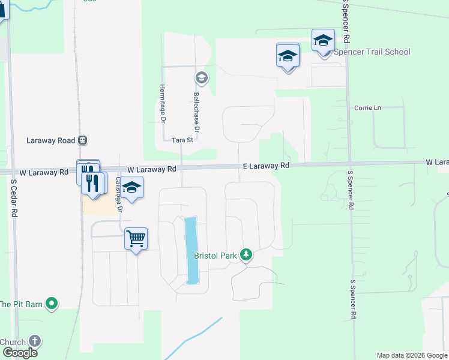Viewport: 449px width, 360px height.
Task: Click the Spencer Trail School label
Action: [x=372, y=52]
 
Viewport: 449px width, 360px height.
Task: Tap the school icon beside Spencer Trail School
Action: [x=324, y=41]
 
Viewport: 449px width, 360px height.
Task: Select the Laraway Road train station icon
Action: [x=83, y=140]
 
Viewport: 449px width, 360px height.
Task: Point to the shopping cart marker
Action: [x=136, y=239]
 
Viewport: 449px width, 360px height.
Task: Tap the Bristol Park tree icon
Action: [x=246, y=255]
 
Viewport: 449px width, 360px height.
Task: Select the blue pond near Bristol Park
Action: [x=191, y=250]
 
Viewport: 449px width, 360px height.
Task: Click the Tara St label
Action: [x=182, y=140]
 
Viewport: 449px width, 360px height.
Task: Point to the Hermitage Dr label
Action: [x=163, y=104]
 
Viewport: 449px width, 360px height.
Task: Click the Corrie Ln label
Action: [x=367, y=108]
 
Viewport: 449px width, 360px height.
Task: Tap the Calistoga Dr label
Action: [x=118, y=195]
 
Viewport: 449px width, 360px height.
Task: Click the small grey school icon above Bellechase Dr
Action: [x=201, y=77]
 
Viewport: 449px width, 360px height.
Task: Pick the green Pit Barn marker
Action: [x=52, y=304]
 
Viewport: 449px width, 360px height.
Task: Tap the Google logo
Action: [x=19, y=353]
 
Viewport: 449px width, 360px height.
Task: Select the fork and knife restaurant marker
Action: [x=92, y=182]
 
